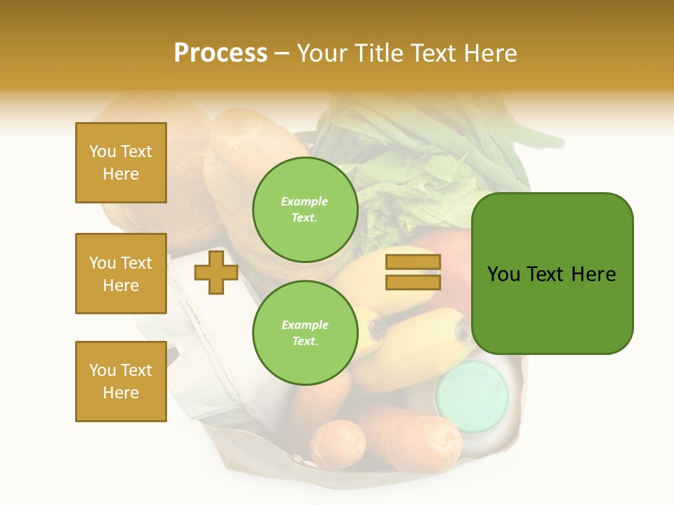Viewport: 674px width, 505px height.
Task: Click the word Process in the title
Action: coord(220,53)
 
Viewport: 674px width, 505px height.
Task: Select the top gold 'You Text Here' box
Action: coord(121,163)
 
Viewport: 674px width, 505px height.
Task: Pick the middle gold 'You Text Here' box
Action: coord(121,274)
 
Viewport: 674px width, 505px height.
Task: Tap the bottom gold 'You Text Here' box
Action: coord(121,382)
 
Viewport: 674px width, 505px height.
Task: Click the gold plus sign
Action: coord(216,272)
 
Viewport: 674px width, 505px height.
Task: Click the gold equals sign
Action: coord(413,272)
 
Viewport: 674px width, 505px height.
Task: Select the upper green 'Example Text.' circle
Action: coord(305,210)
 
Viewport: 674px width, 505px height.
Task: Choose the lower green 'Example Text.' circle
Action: coord(305,333)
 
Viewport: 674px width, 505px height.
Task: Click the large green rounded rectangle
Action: coord(552,274)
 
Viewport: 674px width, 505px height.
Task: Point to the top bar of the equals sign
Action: coord(413,262)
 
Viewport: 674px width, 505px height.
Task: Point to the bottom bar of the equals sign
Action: coord(413,282)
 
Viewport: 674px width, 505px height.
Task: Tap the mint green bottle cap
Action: coord(471,396)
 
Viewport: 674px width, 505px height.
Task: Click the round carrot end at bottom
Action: coord(338,445)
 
